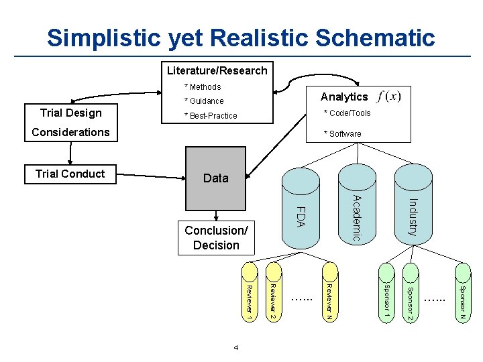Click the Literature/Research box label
217,70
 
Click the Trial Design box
70,113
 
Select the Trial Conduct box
70,174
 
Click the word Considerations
70,132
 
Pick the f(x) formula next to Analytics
389,97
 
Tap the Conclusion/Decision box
216,238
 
